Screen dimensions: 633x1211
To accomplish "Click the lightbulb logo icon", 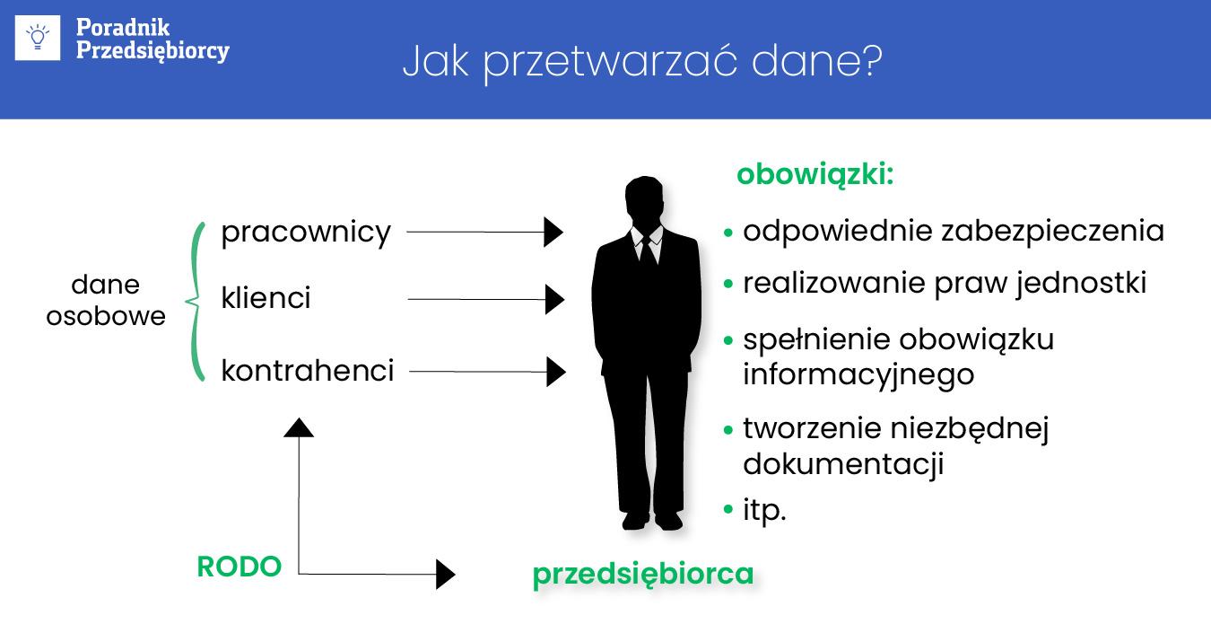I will pos(39,38).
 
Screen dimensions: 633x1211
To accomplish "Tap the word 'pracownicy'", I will pos(306,233).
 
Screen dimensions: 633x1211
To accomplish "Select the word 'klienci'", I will pos(266,298).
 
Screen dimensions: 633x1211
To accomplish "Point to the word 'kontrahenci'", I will pos(307,370).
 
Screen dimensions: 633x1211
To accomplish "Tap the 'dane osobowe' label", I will pos(106,301).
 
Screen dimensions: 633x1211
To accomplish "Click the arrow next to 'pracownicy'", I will pos(484,233).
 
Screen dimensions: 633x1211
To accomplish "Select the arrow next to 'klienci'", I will pos(485,299).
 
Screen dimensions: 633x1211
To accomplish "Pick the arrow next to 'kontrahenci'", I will pos(487,370).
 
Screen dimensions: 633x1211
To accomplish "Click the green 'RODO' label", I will pos(239,567).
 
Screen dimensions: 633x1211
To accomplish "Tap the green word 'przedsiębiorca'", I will pos(642,574).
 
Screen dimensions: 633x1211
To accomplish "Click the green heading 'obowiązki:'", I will pos(815,174).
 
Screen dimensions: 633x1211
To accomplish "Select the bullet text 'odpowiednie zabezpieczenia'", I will pos(953,232).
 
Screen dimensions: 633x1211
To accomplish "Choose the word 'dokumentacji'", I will pos(843,464).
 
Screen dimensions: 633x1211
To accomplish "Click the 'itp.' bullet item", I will pos(764,512).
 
